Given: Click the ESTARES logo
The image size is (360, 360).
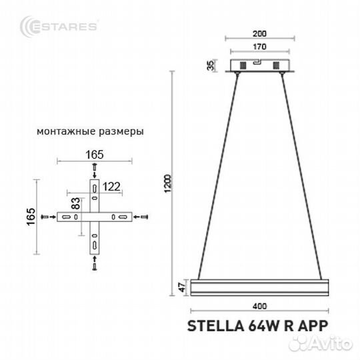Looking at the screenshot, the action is click(59, 26).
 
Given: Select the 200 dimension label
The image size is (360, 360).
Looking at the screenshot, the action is click(259, 34).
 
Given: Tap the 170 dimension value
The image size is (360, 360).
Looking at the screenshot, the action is click(259, 47).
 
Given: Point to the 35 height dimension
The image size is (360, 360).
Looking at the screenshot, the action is click(211, 65).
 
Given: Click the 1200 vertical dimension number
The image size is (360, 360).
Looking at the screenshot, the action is click(168, 183).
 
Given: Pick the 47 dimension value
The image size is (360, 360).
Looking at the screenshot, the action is click(182, 287).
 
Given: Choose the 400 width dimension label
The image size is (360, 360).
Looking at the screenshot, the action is click(260, 306).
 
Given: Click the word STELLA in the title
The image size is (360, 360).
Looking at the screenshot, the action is click(215, 325).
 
